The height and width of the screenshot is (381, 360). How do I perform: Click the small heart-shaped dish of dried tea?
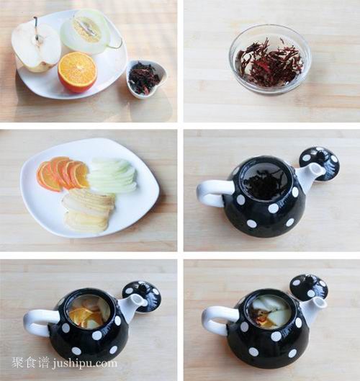[146, 78]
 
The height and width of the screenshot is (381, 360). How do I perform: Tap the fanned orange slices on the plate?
[62, 174]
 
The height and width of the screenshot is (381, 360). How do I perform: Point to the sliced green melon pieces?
[112, 176]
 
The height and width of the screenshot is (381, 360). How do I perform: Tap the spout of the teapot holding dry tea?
[312, 176]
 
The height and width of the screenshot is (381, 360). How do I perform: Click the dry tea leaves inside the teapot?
[264, 184]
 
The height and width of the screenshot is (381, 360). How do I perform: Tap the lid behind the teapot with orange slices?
[142, 295]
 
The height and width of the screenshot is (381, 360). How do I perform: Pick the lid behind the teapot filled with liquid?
[309, 286]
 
